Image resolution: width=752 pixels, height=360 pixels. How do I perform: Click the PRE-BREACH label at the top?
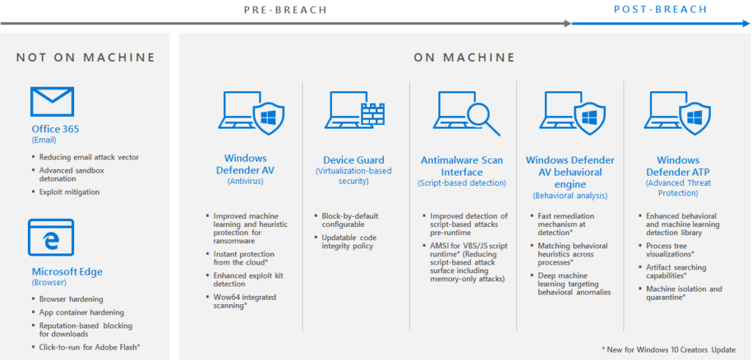286,10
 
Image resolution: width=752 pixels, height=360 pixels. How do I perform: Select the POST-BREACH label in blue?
660,10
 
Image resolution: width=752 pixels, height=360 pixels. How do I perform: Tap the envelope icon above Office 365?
51,101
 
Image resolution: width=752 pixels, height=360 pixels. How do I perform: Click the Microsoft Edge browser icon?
51,237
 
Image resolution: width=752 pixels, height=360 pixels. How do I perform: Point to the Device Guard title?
353,160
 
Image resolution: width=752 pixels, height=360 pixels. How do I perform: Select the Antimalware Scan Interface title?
462,166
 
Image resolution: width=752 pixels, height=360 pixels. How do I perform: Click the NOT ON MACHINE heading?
86,57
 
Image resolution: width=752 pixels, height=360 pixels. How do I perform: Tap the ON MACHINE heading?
464,57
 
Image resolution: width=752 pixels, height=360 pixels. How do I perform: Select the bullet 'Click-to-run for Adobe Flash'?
89,347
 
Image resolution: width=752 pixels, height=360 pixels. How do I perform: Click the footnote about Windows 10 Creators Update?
668,349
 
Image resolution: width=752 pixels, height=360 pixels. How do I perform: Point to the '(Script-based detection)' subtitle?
462,183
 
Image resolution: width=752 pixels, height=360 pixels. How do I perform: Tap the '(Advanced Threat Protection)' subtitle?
678,188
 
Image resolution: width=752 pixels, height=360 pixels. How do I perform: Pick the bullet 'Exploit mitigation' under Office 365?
69,192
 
